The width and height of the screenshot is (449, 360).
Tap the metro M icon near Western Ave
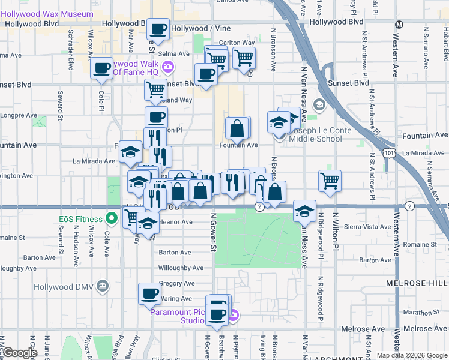coord(399,24)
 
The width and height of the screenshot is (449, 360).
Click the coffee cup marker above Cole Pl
coord(102,68)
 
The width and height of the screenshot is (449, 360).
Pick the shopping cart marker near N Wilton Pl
coord(330,179)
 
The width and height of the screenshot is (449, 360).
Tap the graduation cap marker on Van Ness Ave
coord(305,211)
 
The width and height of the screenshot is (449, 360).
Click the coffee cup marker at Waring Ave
coord(149,294)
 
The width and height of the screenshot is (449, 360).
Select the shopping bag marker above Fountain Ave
coord(238,127)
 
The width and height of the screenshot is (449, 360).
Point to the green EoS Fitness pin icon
coord(111,217)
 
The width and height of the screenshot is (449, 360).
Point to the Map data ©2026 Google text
coord(411,355)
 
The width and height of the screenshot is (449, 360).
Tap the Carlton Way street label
coord(237,43)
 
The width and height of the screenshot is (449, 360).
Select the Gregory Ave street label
coord(176,283)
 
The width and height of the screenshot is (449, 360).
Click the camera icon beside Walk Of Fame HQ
coord(168,67)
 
